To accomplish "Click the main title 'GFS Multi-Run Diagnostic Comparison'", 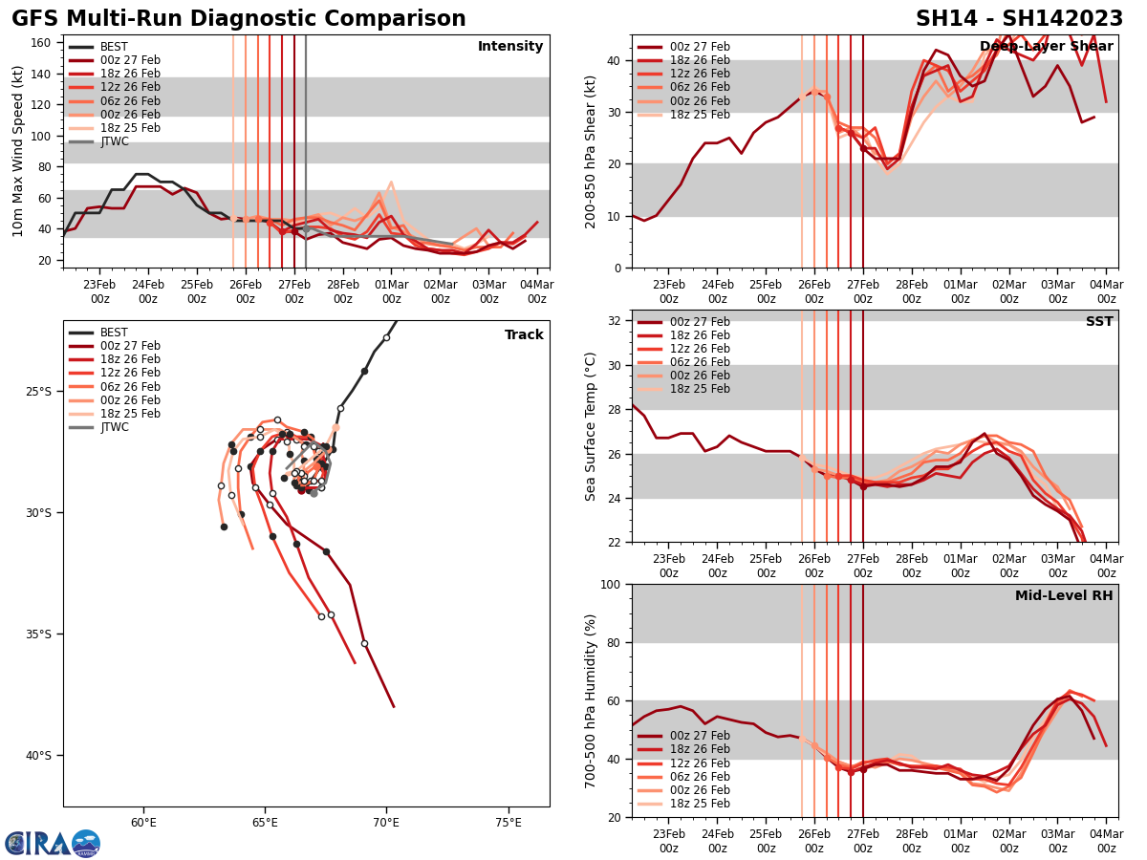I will [239, 19].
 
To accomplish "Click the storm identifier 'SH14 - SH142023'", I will [1019, 19].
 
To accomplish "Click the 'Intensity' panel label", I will [510, 47].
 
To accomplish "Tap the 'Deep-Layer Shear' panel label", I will [1046, 47].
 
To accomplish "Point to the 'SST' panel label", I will [1098, 322].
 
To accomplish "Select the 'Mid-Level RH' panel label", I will [1064, 596].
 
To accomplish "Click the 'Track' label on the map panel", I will [524, 335].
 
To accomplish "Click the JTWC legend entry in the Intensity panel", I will [114, 141].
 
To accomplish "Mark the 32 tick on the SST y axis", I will [617, 321].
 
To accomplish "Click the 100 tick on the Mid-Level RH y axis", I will [612, 585].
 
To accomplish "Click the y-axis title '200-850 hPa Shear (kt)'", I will [592, 152].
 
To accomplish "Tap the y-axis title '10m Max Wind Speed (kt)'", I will [17, 152].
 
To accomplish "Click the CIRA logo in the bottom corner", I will [53, 843].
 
